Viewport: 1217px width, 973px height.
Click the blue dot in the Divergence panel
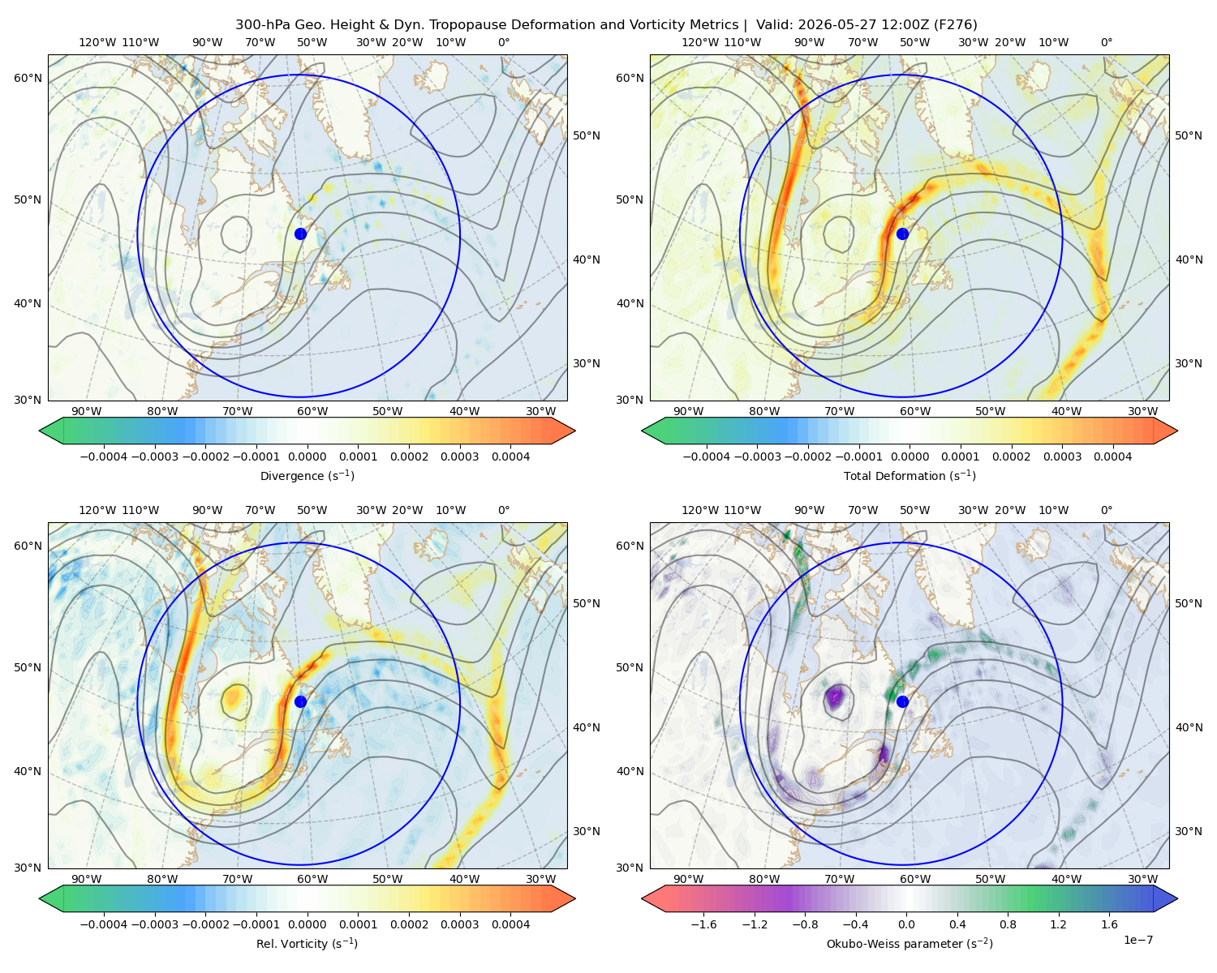pyautogui.click(x=300, y=234)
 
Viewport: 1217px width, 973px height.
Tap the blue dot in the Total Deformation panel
pyautogui.click(x=902, y=234)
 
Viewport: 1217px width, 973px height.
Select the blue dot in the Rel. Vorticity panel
pyautogui.click(x=300, y=701)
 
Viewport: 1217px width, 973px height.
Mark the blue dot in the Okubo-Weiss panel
pyautogui.click(x=902, y=701)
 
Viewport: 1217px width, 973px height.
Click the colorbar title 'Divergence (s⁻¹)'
pyautogui.click(x=307, y=475)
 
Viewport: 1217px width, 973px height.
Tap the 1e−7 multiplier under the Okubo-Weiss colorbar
pyautogui.click(x=1137, y=940)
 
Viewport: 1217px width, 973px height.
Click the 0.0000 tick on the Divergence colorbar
pyautogui.click(x=307, y=456)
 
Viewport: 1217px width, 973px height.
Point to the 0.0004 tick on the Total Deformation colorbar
pyautogui.click(x=1112, y=456)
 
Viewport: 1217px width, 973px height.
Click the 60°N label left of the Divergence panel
pyautogui.click(x=28, y=78)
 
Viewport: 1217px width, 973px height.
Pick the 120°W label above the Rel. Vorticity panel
pyautogui.click(x=97, y=510)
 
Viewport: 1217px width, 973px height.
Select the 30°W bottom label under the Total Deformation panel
pyautogui.click(x=1142, y=411)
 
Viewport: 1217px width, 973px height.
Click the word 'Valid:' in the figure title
pyautogui.click(x=774, y=25)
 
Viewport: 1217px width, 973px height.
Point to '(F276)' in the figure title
pyautogui.click(x=955, y=25)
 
